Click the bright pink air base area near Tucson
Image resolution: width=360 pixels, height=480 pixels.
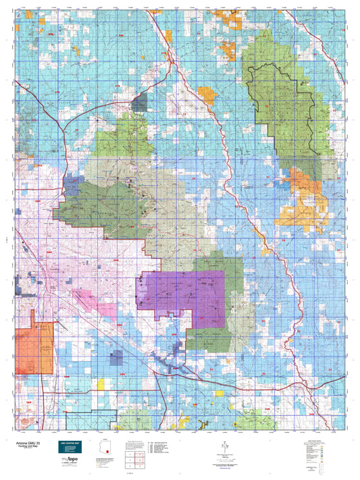point(106,311)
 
